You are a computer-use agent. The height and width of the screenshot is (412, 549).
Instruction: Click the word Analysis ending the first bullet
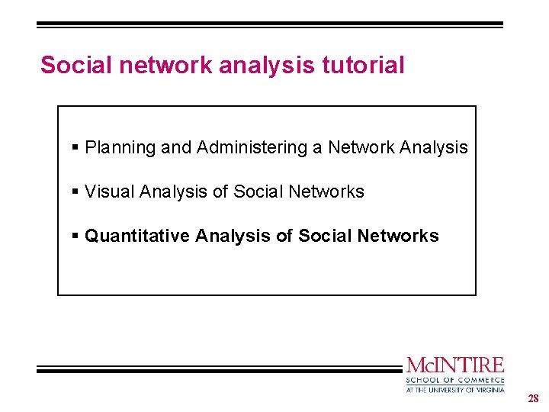point(434,148)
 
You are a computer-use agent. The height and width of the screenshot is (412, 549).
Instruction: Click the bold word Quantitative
point(137,237)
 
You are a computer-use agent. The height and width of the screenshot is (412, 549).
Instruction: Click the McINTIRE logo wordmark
point(455,365)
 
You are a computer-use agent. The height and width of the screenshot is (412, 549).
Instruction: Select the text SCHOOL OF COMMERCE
point(455,380)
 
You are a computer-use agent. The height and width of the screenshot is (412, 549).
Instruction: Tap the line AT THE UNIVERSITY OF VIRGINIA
point(455,389)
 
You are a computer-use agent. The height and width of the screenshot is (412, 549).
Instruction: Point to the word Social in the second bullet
point(255,192)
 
